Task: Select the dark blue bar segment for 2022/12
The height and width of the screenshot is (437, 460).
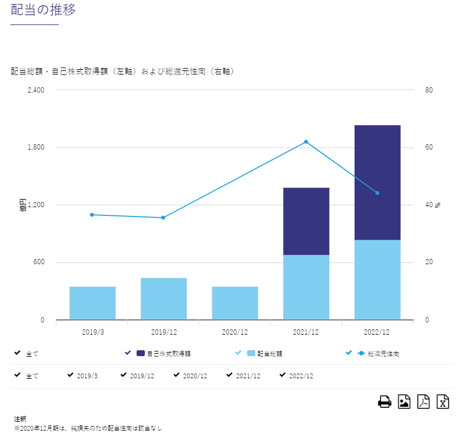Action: [377, 182]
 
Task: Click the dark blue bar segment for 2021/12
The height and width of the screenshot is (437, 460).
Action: [306, 221]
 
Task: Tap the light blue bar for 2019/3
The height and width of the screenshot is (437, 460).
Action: [92, 303]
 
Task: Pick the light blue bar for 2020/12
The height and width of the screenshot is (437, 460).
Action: [235, 303]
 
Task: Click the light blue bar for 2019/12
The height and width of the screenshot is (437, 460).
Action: [163, 299]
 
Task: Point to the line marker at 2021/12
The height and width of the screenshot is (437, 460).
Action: [306, 142]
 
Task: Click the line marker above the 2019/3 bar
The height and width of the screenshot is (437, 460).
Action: [92, 215]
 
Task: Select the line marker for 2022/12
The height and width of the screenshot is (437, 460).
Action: [377, 193]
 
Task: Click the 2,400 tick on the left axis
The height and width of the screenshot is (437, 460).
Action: [36, 90]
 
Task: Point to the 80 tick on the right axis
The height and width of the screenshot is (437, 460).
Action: [429, 90]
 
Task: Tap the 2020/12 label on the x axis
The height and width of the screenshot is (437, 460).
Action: [235, 332]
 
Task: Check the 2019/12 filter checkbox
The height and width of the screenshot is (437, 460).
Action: [123, 375]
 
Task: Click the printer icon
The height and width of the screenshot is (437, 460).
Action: [384, 402]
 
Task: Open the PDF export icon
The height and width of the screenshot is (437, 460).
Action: [423, 402]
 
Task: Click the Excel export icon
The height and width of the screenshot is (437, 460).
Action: [443, 402]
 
